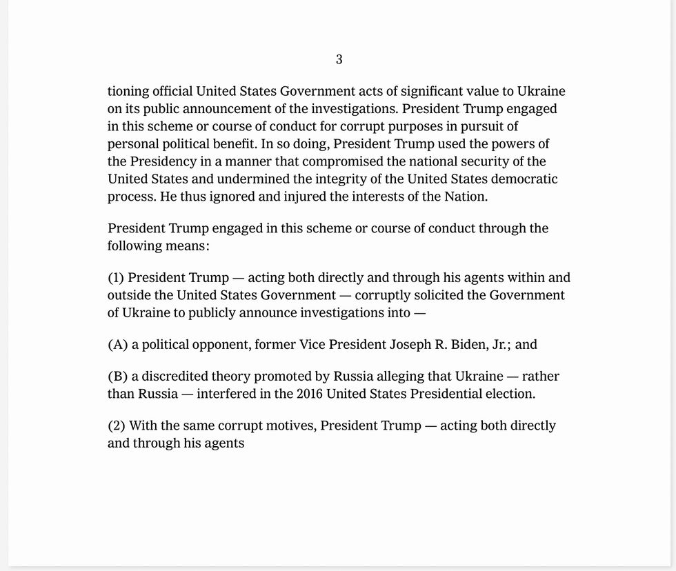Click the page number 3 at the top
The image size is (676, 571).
[339, 60]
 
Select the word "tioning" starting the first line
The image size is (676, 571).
[128, 92]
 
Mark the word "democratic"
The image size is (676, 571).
[524, 179]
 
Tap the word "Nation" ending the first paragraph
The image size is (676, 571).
[466, 196]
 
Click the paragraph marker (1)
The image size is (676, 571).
[116, 278]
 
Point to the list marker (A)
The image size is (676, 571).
[118, 345]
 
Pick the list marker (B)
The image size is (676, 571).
[118, 377]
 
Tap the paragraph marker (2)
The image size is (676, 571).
[117, 425]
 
